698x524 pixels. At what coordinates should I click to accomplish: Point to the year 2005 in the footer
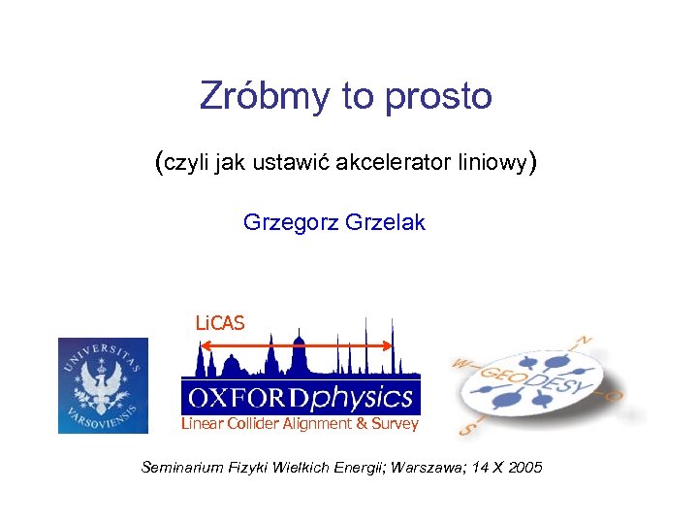(523, 468)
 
